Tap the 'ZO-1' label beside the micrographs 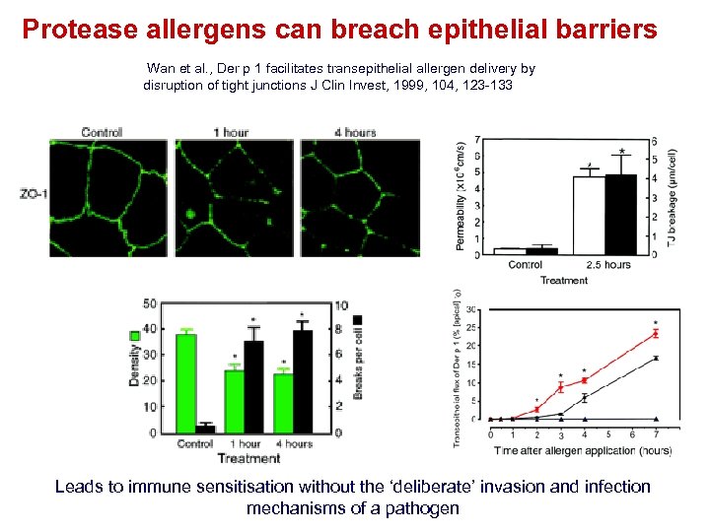[x=34, y=194]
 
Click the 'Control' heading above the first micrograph [x=102, y=132]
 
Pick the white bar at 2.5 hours [x=589, y=215]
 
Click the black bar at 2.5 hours [x=620, y=214]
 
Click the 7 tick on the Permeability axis [x=477, y=139]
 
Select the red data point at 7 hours [x=656, y=334]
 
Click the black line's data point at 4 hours [x=584, y=397]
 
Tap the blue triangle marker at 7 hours [x=656, y=419]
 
